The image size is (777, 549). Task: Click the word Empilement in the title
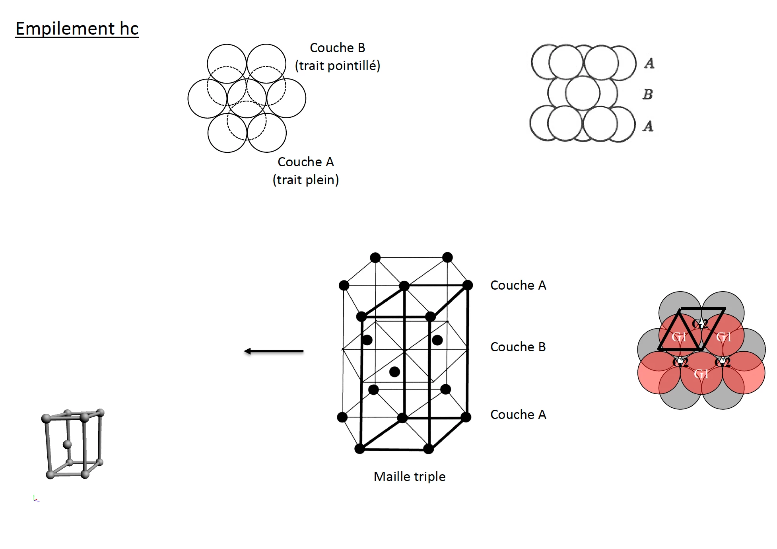[65, 29]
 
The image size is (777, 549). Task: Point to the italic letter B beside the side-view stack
[648, 94]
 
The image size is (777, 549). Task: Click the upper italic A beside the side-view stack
[649, 63]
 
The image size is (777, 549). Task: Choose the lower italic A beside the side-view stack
[648, 126]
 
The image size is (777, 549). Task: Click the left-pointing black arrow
[274, 351]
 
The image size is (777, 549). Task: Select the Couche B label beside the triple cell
[518, 347]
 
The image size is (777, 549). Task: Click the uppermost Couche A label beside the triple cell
[518, 285]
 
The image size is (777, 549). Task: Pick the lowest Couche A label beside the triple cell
[518, 415]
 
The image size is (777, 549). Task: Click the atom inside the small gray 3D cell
[67, 444]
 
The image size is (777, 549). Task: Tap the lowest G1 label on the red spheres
[701, 374]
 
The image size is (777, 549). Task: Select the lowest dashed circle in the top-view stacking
[247, 120]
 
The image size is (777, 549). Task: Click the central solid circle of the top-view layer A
[247, 98]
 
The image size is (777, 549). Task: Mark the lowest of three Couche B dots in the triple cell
[394, 372]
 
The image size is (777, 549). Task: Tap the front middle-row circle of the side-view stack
[583, 93]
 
